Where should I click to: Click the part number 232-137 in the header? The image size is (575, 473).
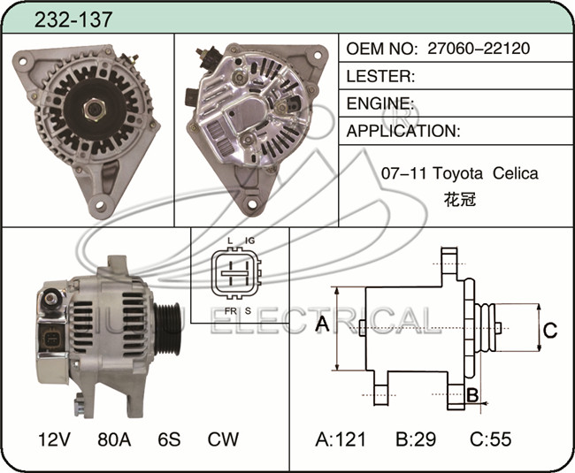point(73,19)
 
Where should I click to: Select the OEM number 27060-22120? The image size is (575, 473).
point(479,49)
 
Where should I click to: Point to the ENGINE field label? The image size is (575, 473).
point(378,103)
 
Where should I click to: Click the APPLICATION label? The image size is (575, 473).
point(403,131)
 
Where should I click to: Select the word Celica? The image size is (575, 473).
point(515,173)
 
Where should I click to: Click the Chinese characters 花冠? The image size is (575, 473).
point(460,199)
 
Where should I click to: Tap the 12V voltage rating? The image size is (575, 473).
point(54,439)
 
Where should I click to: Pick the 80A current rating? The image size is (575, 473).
point(114,439)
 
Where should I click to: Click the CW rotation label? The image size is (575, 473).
point(223,439)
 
